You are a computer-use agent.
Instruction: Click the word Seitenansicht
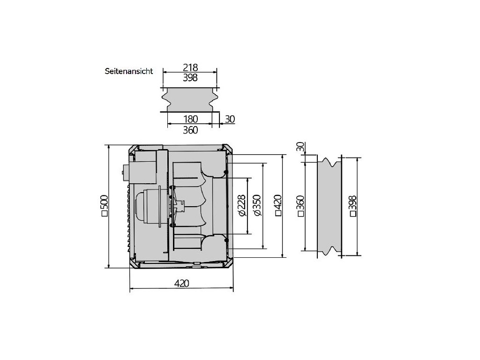click(129, 71)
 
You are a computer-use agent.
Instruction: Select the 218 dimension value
click(190, 67)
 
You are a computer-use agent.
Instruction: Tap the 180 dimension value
click(190, 119)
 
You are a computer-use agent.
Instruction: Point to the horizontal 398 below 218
click(190, 78)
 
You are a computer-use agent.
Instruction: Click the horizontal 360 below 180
click(190, 130)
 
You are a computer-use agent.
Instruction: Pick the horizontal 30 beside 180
click(230, 119)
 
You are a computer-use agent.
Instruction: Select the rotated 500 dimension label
click(105, 206)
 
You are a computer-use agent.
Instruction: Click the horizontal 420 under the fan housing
click(181, 283)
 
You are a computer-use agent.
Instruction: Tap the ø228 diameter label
click(241, 205)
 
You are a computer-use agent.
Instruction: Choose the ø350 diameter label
click(257, 205)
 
